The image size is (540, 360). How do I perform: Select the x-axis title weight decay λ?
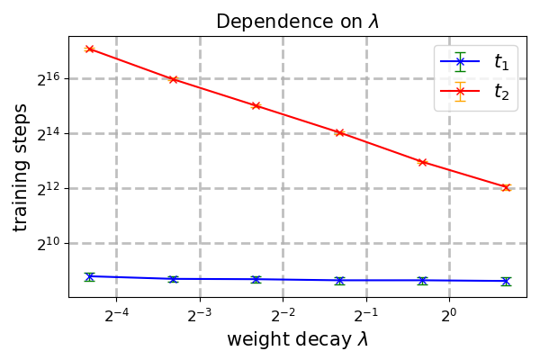click(x=297, y=340)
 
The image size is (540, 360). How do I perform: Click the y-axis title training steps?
click(x=21, y=166)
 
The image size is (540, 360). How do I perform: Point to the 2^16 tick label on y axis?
click(x=48, y=78)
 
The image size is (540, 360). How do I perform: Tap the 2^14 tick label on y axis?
click(x=48, y=133)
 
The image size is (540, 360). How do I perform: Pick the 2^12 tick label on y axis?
click(x=48, y=188)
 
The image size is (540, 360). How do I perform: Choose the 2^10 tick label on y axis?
click(x=48, y=243)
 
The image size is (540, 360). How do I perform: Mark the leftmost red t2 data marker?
click(x=90, y=49)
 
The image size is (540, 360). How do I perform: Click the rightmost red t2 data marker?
click(x=506, y=188)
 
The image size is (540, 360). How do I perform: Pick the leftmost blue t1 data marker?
click(x=90, y=276)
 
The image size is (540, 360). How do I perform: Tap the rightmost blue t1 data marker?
click(x=506, y=281)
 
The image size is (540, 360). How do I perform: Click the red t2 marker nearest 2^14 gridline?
click(x=339, y=132)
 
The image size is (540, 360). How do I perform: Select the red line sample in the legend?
click(x=460, y=91)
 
